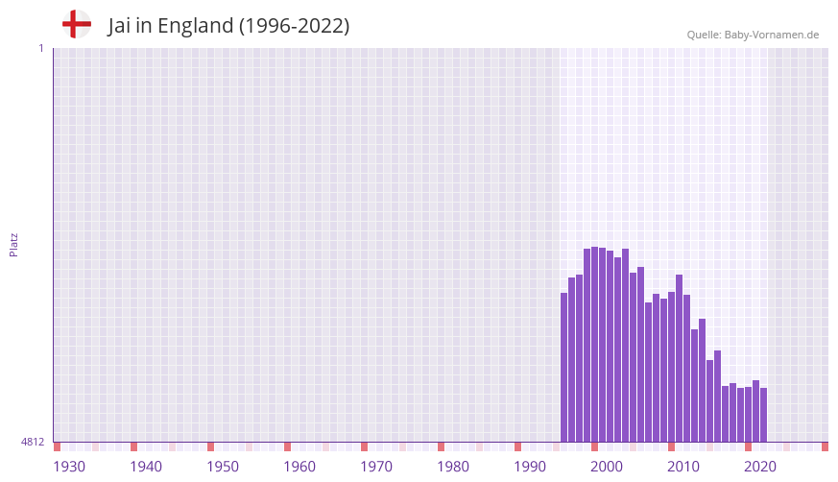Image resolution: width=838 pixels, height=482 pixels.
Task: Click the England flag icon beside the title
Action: pyautogui.click(x=77, y=24)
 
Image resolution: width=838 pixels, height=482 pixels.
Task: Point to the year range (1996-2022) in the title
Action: pyautogui.click(x=294, y=27)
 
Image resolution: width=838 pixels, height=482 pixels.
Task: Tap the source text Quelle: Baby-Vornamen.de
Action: pyautogui.click(x=753, y=35)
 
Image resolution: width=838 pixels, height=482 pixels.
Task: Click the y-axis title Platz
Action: pyautogui.click(x=13, y=244)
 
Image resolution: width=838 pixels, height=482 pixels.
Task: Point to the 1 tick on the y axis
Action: pyautogui.click(x=40, y=48)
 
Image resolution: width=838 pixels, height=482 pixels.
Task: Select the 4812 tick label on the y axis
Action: pyautogui.click(x=33, y=442)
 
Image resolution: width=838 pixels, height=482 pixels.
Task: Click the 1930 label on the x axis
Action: pyautogui.click(x=69, y=467)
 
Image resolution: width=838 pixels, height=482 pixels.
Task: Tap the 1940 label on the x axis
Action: pyautogui.click(x=146, y=467)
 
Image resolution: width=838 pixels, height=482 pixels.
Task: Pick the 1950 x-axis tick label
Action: pyautogui.click(x=223, y=467)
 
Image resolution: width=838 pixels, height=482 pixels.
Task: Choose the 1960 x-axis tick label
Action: pyautogui.click(x=299, y=467)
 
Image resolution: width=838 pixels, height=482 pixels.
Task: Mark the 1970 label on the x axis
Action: pyautogui.click(x=376, y=467)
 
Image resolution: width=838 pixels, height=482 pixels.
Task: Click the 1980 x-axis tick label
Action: pyautogui.click(x=453, y=467)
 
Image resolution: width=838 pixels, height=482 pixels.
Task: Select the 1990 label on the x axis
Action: pyautogui.click(x=530, y=467)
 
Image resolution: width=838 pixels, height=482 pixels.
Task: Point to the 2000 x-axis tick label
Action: pyautogui.click(x=607, y=467)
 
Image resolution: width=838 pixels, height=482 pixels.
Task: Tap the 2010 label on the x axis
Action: pyautogui.click(x=683, y=467)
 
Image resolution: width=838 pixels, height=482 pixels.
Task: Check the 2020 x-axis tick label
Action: pyautogui.click(x=760, y=467)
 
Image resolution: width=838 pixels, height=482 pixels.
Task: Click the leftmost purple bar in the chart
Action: pyautogui.click(x=564, y=367)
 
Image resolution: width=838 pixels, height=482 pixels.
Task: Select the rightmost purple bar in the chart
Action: pyautogui.click(x=764, y=415)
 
